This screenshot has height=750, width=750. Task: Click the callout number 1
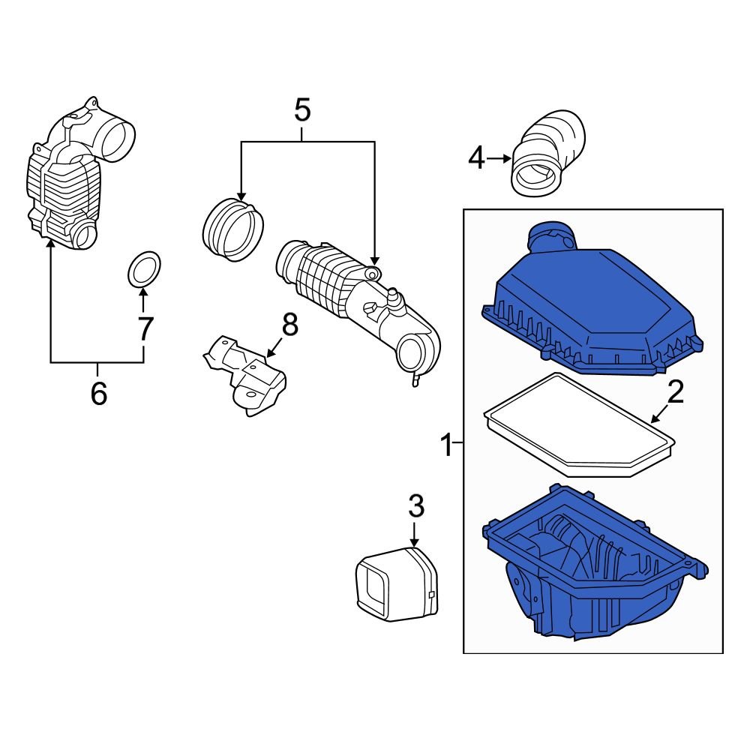point(446,447)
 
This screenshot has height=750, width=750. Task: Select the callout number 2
point(675,392)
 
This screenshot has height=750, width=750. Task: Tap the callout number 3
point(415,506)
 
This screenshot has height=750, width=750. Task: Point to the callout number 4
point(476,159)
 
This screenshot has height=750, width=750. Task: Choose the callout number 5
point(301,111)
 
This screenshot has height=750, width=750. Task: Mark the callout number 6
point(98,393)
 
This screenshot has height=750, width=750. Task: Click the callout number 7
point(144,328)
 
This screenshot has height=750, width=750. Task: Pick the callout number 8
point(289,325)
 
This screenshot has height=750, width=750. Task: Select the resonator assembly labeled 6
point(71,180)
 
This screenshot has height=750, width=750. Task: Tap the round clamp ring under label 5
point(233,229)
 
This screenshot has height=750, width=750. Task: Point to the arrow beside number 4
point(498,159)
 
